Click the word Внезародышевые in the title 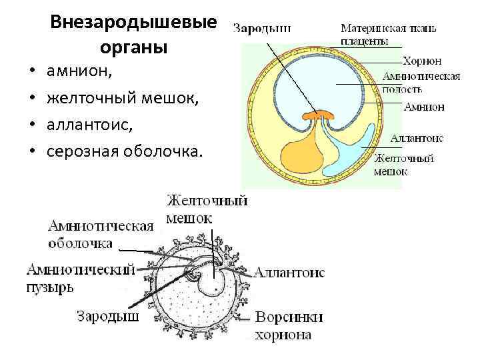coord(133,24)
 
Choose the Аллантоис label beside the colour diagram coord(417,138)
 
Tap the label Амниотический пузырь coord(80,278)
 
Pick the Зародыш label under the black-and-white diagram coord(108,315)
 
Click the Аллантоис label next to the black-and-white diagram coord(289,273)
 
